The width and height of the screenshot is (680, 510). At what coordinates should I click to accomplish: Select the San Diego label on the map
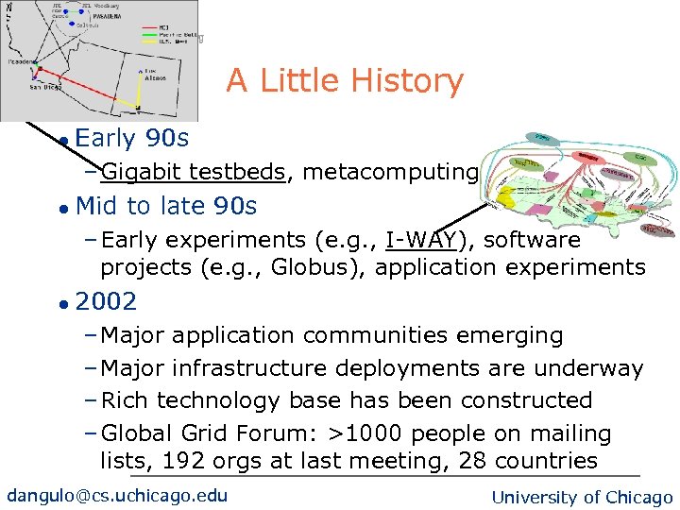point(45,87)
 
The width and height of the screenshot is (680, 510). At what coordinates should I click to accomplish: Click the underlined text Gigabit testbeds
point(193,171)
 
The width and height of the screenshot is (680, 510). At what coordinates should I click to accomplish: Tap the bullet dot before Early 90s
point(61,141)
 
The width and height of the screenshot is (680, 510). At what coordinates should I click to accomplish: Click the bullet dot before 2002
point(61,304)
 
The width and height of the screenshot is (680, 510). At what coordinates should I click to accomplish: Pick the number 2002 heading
point(106,302)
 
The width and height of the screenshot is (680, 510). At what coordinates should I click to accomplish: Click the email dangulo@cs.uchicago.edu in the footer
point(117,496)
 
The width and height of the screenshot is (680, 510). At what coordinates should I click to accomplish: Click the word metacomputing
point(390,171)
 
